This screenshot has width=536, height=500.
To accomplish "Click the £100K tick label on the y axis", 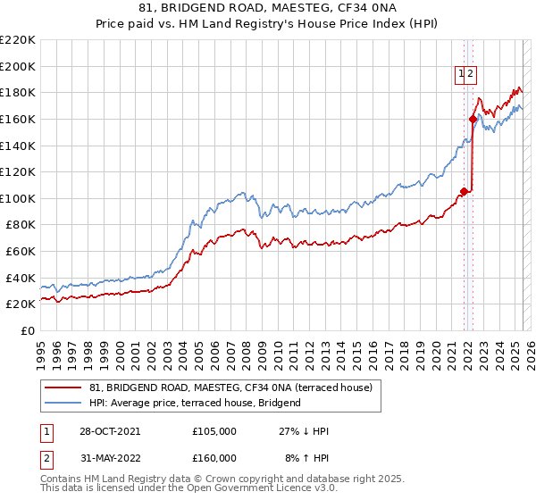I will (x=18, y=198).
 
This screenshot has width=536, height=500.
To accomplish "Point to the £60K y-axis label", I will (x=21, y=252).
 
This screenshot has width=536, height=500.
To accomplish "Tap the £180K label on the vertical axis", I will (x=18, y=92).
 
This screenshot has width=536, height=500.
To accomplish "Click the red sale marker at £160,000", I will (x=473, y=119).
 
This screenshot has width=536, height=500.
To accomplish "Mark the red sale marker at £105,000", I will (x=465, y=190).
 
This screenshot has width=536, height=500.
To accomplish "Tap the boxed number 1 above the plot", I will (x=461, y=75).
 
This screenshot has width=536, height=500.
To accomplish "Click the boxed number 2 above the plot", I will (x=470, y=75).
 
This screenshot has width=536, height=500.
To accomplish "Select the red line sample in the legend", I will (x=63, y=387).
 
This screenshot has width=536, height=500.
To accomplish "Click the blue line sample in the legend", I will (x=63, y=403).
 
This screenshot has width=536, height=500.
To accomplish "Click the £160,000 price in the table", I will (x=214, y=458).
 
